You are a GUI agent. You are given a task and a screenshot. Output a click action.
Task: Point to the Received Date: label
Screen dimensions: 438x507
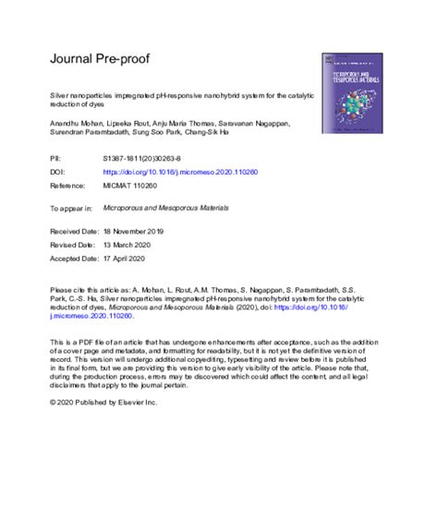pyautogui.click(x=76, y=235)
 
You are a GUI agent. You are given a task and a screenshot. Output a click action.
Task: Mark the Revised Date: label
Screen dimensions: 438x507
pyautogui.click(x=74, y=247)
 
